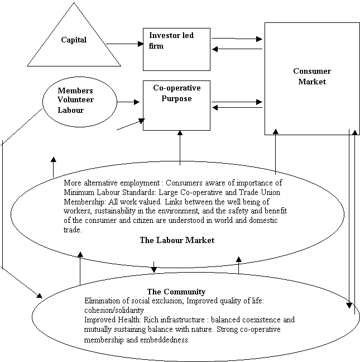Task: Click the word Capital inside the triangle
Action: [74, 40]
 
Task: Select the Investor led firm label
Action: [171, 41]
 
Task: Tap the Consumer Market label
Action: [312, 76]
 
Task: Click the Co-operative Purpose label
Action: [177, 93]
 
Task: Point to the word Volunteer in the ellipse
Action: [76, 100]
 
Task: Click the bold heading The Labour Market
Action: [177, 240]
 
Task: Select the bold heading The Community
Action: [176, 292]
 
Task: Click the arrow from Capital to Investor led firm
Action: [125, 44]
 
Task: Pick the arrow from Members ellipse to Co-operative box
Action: [128, 102]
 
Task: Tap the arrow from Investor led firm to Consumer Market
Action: [237, 39]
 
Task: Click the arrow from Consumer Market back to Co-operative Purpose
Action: [237, 108]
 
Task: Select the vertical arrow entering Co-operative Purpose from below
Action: [180, 147]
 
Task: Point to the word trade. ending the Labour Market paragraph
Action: [73, 230]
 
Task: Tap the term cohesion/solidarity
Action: [114, 310]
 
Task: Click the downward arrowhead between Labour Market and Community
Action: [154, 270]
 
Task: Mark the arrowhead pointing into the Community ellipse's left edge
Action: [40, 296]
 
